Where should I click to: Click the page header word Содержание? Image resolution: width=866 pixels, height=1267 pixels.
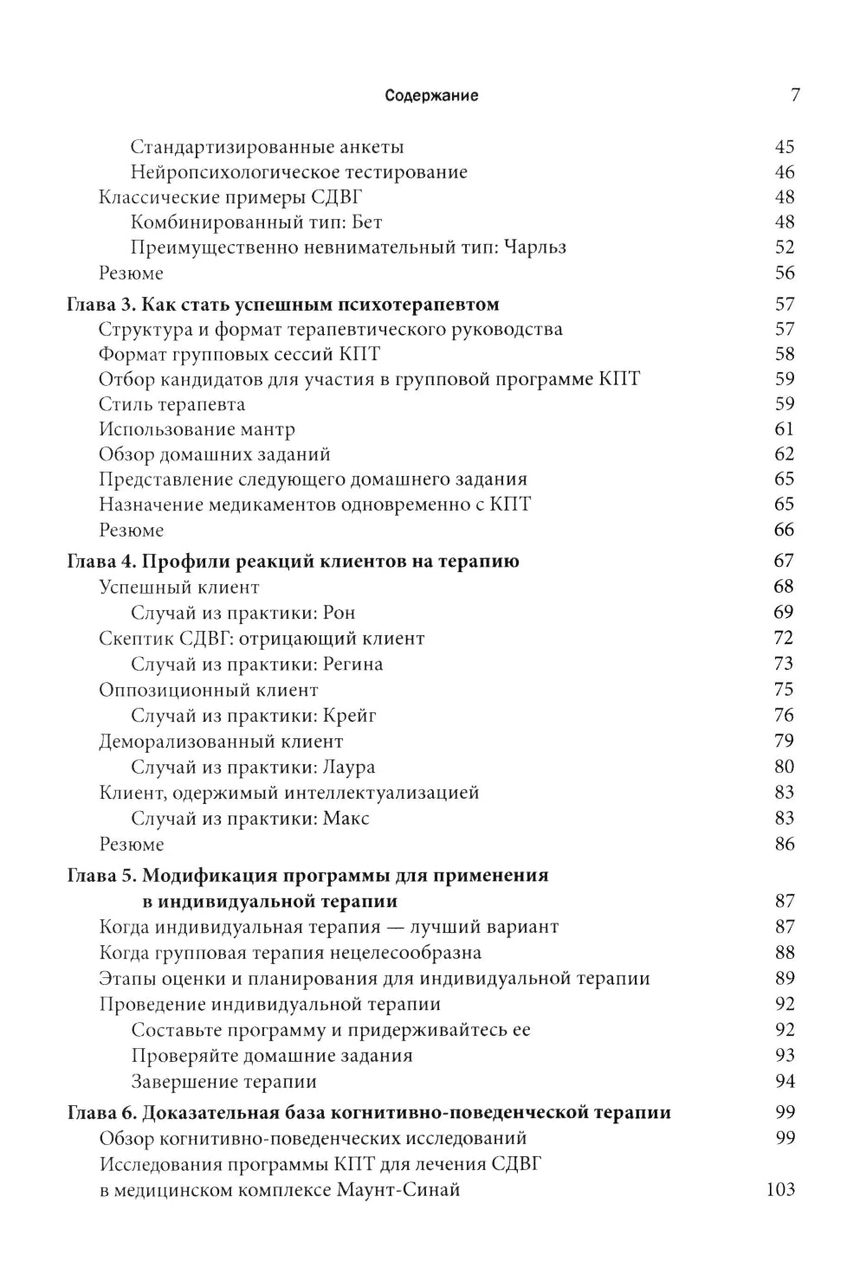[431, 96]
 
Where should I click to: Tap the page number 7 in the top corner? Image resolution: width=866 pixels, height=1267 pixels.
[795, 95]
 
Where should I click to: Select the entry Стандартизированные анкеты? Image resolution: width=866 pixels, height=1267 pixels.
[267, 147]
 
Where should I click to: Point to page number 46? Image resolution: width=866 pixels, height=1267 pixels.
[785, 172]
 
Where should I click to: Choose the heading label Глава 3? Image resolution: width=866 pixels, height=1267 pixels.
[100, 305]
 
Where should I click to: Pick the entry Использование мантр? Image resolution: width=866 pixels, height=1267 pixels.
[197, 429]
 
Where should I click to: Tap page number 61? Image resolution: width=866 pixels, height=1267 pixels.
[785, 429]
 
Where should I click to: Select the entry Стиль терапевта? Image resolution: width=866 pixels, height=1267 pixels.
[171, 404]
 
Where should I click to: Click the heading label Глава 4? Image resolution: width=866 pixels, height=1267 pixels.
[100, 562]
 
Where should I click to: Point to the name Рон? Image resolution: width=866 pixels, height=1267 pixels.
[339, 613]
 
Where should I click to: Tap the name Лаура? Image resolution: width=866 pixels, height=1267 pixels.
[349, 768]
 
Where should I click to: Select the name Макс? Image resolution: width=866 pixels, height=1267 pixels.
[346, 819]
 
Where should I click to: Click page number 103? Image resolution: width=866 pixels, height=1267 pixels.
[780, 1190]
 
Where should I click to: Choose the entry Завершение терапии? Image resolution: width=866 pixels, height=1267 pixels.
[223, 1082]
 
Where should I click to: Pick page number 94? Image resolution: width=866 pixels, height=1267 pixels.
[785, 1082]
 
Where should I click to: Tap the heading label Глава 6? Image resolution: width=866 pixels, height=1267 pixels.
[100, 1113]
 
